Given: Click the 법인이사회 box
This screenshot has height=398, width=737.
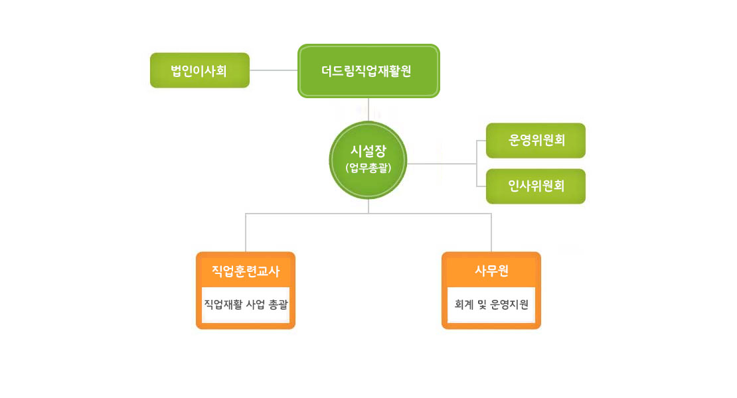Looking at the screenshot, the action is click(x=200, y=70).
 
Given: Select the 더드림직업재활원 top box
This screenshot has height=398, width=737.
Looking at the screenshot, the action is click(x=368, y=71).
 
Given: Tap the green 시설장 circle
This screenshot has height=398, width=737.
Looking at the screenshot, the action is click(x=368, y=160).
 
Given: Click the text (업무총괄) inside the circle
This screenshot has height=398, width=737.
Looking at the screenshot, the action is click(x=368, y=168).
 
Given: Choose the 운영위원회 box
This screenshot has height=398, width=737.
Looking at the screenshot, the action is click(x=536, y=141).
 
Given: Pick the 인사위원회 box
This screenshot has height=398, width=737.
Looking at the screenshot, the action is click(x=536, y=186).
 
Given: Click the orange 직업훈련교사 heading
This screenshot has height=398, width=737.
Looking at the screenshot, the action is click(x=246, y=271).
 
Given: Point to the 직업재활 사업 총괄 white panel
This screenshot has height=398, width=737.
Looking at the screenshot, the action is click(x=246, y=304).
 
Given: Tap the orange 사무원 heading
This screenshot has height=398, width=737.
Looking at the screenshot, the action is click(x=491, y=271).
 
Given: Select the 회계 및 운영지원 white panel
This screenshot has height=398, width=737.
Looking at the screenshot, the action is click(x=491, y=304).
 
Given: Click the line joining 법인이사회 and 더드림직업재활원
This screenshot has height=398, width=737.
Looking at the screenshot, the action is click(x=274, y=70).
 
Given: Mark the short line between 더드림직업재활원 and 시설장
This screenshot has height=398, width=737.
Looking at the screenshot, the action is click(x=368, y=109).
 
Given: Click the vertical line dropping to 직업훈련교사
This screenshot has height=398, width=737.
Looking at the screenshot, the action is click(x=246, y=233).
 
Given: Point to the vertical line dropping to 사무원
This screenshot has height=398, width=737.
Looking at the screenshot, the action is click(x=491, y=233).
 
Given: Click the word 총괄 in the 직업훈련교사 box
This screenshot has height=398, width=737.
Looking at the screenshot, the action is click(x=278, y=304).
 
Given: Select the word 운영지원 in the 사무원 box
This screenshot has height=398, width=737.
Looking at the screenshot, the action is click(x=509, y=304).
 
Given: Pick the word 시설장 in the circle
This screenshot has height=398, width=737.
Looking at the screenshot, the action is click(x=368, y=151).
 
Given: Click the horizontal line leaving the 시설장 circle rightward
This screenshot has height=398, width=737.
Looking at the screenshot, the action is click(x=442, y=164).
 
